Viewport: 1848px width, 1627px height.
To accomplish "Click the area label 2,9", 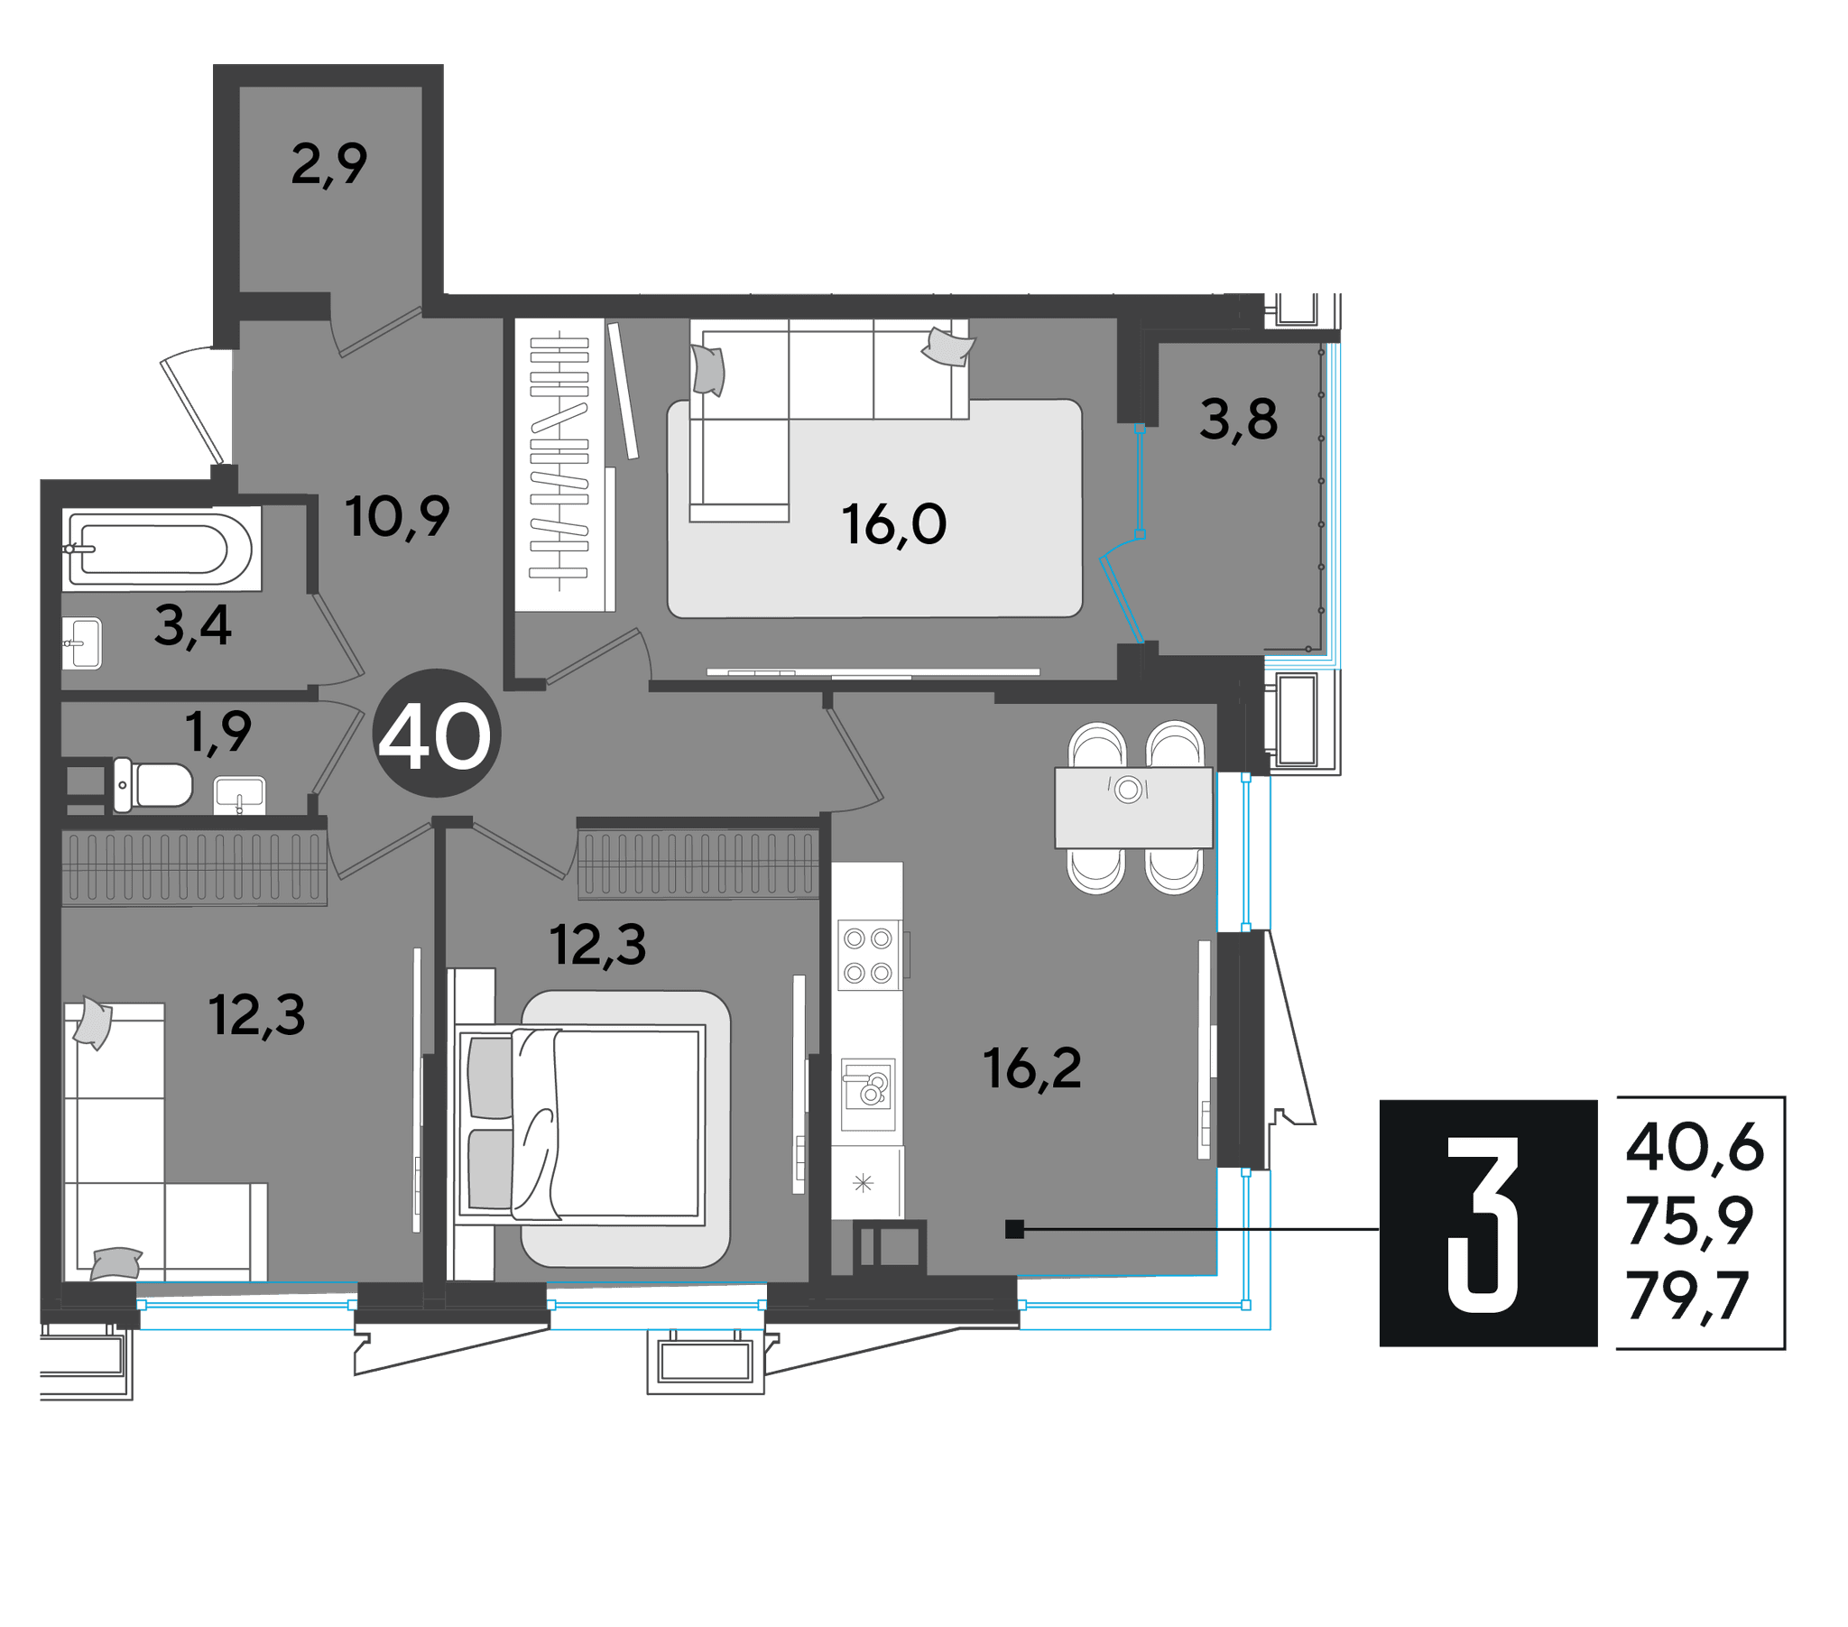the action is point(329,165).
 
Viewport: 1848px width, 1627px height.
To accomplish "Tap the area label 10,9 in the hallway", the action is point(397,516).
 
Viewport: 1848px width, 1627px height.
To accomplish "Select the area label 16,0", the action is point(894,524).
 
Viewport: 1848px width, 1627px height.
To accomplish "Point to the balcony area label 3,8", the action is point(1239,420).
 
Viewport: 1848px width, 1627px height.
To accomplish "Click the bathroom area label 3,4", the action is point(192,626).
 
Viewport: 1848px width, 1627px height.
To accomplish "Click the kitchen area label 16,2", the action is point(1031,1068).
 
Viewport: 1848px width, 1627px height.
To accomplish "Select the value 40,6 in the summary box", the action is point(1695,1148).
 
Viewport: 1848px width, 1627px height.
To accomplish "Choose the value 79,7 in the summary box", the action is point(1688,1296).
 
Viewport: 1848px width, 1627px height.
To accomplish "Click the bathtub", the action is point(162,548).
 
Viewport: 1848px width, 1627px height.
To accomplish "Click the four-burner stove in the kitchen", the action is point(868,956).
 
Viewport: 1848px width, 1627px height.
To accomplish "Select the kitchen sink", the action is point(868,1095).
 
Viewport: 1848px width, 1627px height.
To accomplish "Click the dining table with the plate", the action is point(1132,808).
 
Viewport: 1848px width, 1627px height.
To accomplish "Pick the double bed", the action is point(579,1124).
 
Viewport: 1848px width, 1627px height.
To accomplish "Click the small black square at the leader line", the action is point(1014,1229).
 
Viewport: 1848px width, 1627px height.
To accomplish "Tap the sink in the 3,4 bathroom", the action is point(82,643).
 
